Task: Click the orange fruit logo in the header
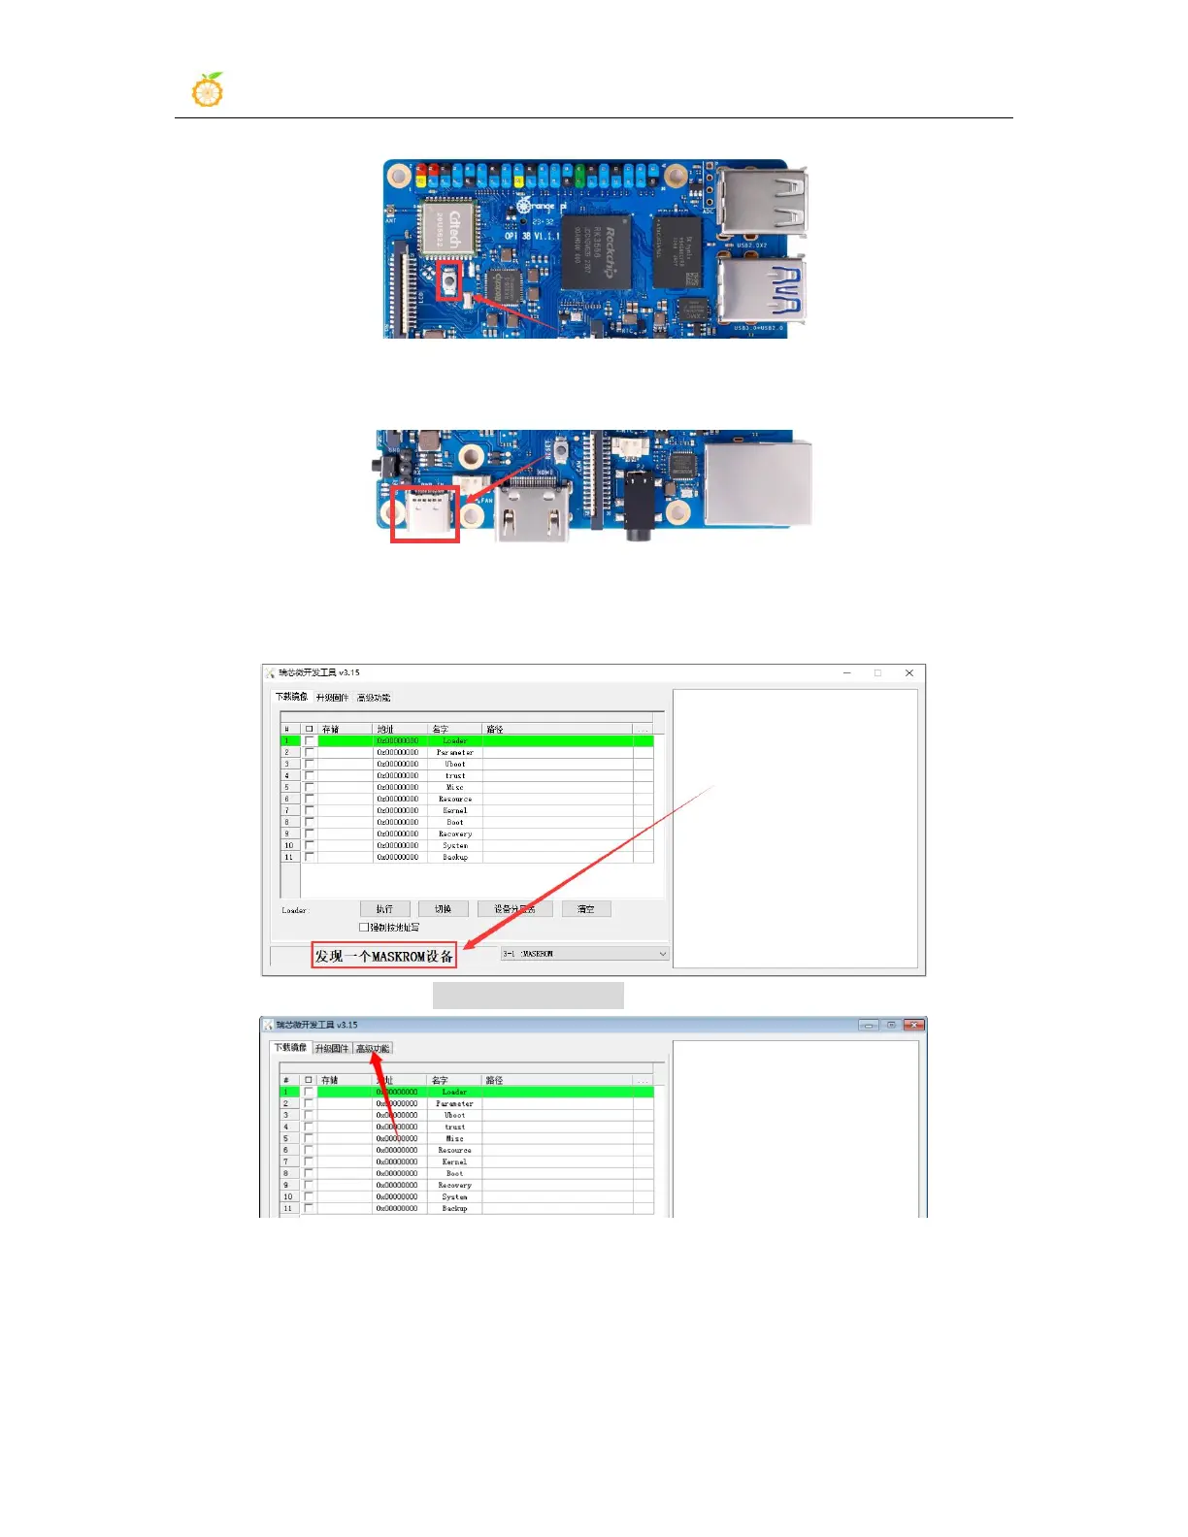pyautogui.click(x=208, y=90)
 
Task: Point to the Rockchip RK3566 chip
pyautogui.click(x=596, y=251)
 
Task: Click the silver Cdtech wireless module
pyautogui.click(x=448, y=230)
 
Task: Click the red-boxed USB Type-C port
pyautogui.click(x=425, y=513)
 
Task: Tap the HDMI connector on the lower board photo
pyautogui.click(x=533, y=509)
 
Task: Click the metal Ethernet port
pyautogui.click(x=758, y=482)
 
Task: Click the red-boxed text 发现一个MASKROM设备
pyautogui.click(x=384, y=956)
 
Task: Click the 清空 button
pyautogui.click(x=586, y=909)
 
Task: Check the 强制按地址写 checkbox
pyautogui.click(x=365, y=928)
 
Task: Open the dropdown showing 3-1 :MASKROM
pyautogui.click(x=584, y=954)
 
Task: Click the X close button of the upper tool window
pyautogui.click(x=908, y=672)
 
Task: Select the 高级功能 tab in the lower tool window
pyautogui.click(x=373, y=1049)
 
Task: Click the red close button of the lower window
pyautogui.click(x=913, y=1025)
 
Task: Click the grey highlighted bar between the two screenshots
pyautogui.click(x=528, y=996)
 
